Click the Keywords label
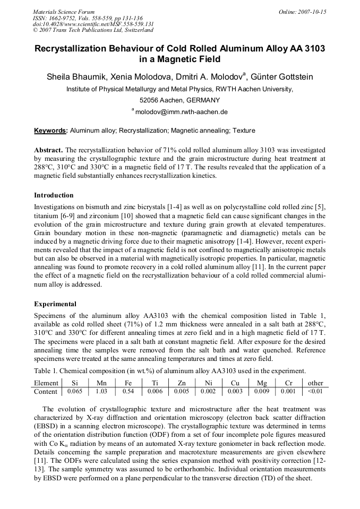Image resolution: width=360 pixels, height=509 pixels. (x=50, y=131)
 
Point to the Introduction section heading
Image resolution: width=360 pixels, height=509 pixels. (x=54, y=195)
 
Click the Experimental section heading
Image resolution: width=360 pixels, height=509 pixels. (x=55, y=304)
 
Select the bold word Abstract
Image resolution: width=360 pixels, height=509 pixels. (x=48, y=150)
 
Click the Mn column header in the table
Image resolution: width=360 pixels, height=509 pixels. (x=101, y=383)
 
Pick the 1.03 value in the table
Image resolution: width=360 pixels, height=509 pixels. (x=101, y=391)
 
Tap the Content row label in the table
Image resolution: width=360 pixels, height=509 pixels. (x=46, y=392)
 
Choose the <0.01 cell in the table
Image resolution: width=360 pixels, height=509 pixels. (x=315, y=391)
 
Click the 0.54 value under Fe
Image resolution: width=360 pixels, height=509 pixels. (x=128, y=391)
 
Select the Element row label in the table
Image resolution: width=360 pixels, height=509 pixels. (x=46, y=383)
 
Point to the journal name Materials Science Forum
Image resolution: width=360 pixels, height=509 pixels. (x=64, y=12)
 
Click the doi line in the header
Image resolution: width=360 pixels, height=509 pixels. (x=93, y=24)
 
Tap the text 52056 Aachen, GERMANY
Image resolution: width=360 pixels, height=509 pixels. (x=179, y=100)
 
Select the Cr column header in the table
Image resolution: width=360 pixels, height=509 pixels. (x=288, y=383)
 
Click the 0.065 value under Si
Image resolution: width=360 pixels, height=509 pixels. (x=74, y=391)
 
